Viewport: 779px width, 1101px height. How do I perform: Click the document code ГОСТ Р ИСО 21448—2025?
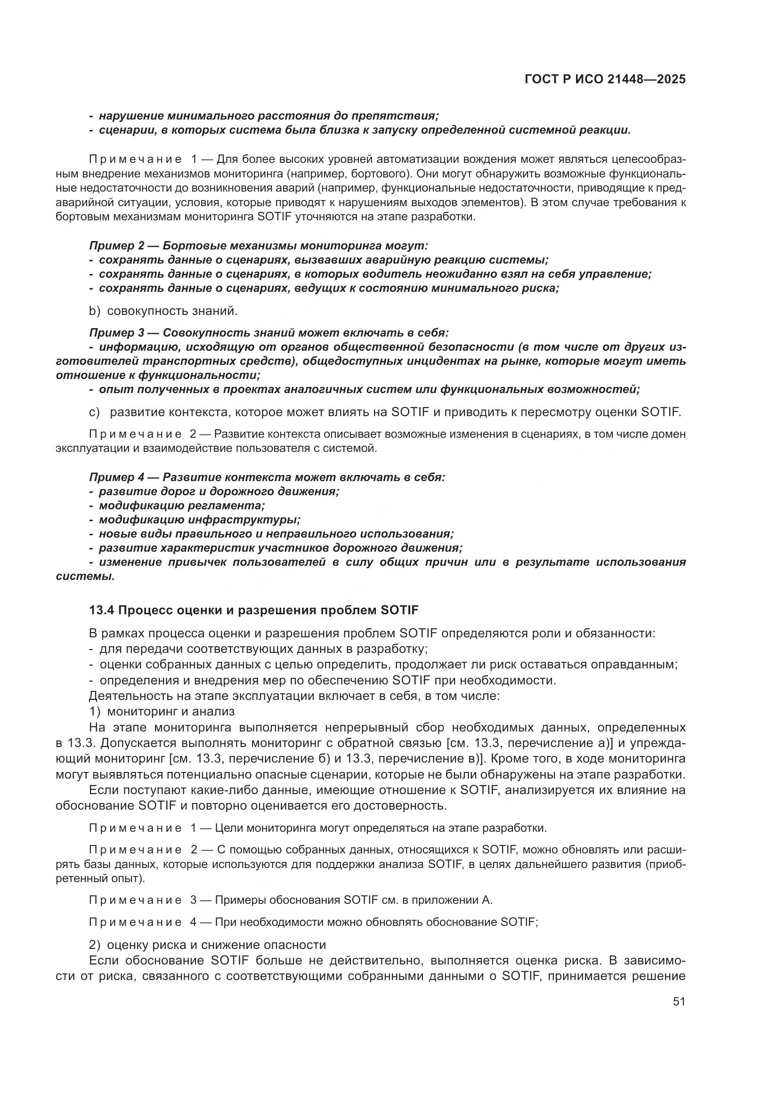tap(605, 79)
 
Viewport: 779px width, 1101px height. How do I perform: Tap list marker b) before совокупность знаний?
tap(94, 311)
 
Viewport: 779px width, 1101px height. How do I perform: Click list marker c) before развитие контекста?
tap(94, 412)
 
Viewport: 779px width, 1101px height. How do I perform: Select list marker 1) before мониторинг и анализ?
tap(94, 711)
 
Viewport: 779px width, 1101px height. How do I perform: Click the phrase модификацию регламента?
tap(182, 506)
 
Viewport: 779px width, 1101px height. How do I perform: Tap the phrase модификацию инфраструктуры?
tap(200, 520)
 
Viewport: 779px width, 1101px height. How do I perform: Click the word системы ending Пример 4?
tap(85, 577)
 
